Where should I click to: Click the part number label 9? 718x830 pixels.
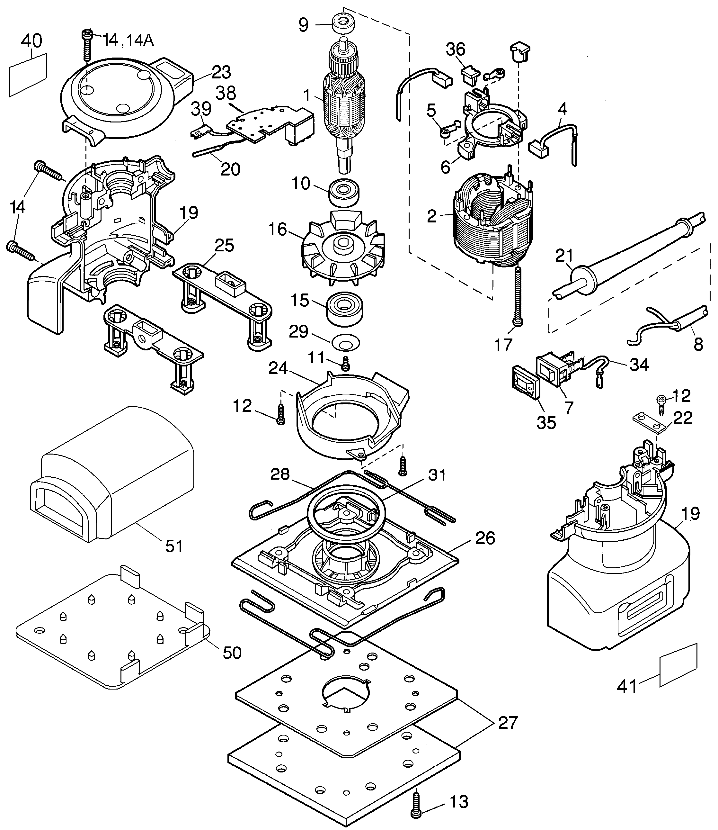[x=304, y=25]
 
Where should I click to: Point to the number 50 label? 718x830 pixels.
[x=232, y=653]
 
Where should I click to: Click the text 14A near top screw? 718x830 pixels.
[x=140, y=40]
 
